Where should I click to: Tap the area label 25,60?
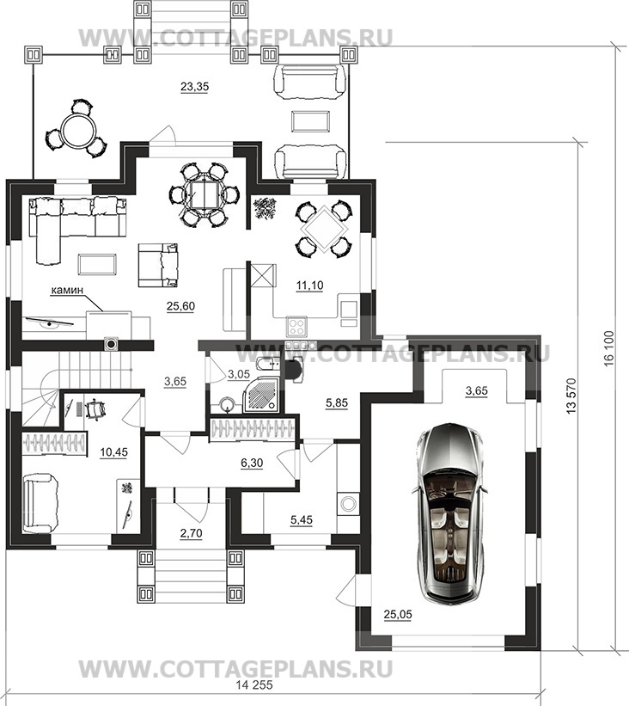[180, 307]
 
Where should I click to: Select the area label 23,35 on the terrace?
[194, 86]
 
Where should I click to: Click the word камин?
[67, 291]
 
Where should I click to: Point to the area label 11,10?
[309, 285]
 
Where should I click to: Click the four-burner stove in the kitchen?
[296, 325]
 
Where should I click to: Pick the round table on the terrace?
[76, 128]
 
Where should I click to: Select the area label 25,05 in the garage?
[398, 614]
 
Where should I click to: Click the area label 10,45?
[113, 452]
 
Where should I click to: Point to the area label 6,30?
[252, 463]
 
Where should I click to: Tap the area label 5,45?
[301, 520]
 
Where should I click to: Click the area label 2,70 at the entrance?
[191, 533]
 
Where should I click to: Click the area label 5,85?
[337, 403]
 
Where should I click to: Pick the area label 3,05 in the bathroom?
[239, 373]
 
